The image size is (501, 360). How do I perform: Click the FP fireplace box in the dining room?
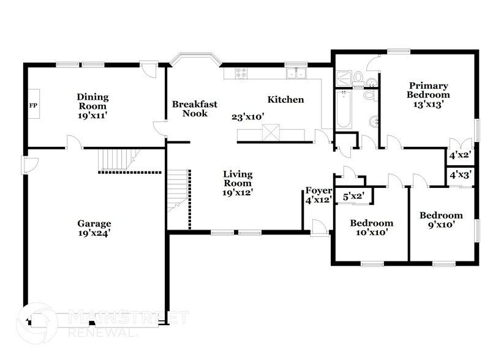pyautogui.click(x=33, y=105)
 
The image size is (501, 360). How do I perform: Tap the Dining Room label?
pyautogui.click(x=92, y=101)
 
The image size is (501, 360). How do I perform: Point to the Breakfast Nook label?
pyautogui.click(x=194, y=108)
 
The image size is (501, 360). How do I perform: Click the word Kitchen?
pyautogui.click(x=285, y=100)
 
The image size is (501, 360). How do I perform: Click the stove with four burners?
pyautogui.click(x=241, y=73)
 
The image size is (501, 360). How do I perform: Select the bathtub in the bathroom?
pyautogui.click(x=344, y=109)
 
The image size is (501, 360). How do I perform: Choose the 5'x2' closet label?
pyautogui.click(x=353, y=197)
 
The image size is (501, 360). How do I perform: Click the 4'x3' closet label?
pyautogui.click(x=460, y=175)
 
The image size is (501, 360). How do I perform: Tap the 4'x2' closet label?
pyautogui.click(x=460, y=155)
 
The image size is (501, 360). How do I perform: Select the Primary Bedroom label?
pyautogui.click(x=428, y=94)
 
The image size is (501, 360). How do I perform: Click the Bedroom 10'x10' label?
pyautogui.click(x=371, y=227)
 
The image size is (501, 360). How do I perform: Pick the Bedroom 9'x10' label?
pyautogui.click(x=440, y=220)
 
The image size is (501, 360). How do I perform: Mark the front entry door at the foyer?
pyautogui.click(x=318, y=230)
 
